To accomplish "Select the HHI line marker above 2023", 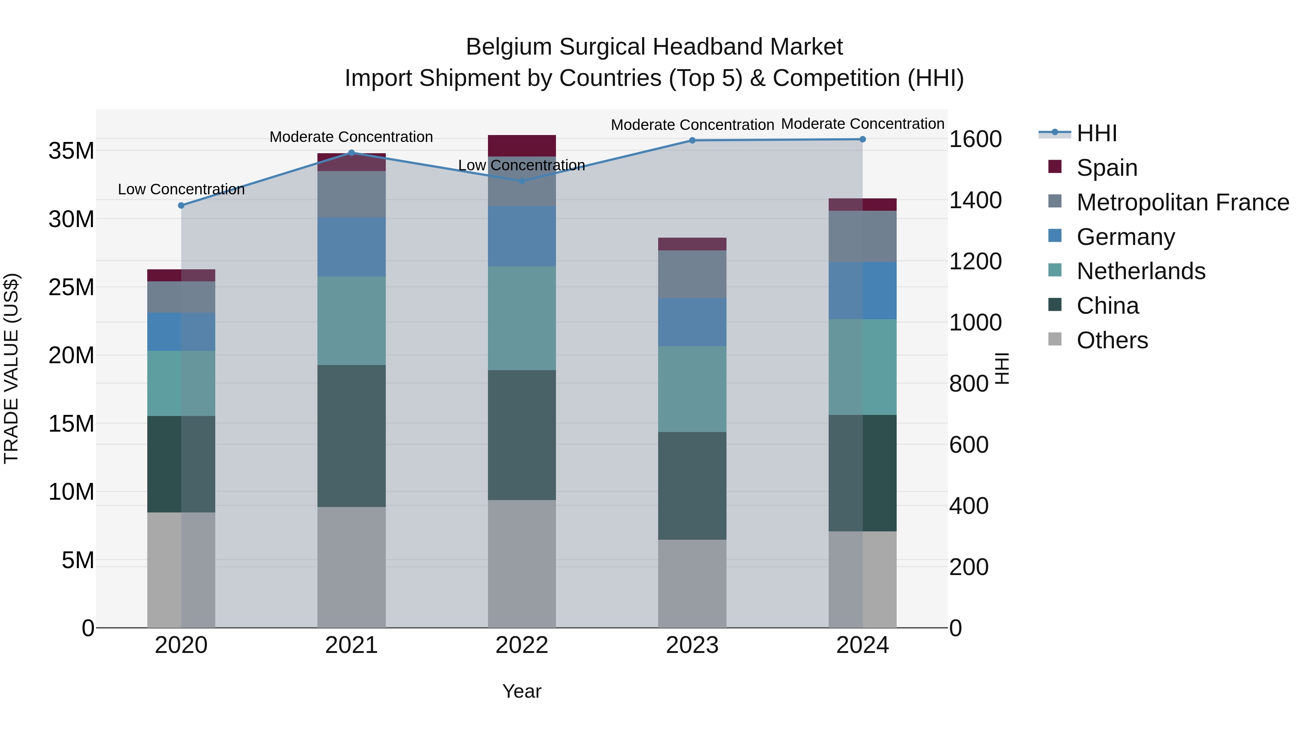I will (692, 140).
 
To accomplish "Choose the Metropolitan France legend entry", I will (1182, 202).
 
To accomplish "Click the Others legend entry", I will (1112, 340).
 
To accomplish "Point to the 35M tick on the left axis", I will (71, 151).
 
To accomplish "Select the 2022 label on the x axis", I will (521, 645).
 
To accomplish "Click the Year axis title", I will (521, 691).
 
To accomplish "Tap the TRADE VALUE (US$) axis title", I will (11, 368).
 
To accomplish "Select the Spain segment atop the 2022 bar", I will (521, 146).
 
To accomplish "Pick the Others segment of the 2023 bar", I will (692, 583).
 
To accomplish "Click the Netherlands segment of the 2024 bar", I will (862, 367).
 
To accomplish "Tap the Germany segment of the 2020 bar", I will (181, 332).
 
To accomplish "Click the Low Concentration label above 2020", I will (181, 189).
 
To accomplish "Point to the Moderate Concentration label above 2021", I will (351, 137).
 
